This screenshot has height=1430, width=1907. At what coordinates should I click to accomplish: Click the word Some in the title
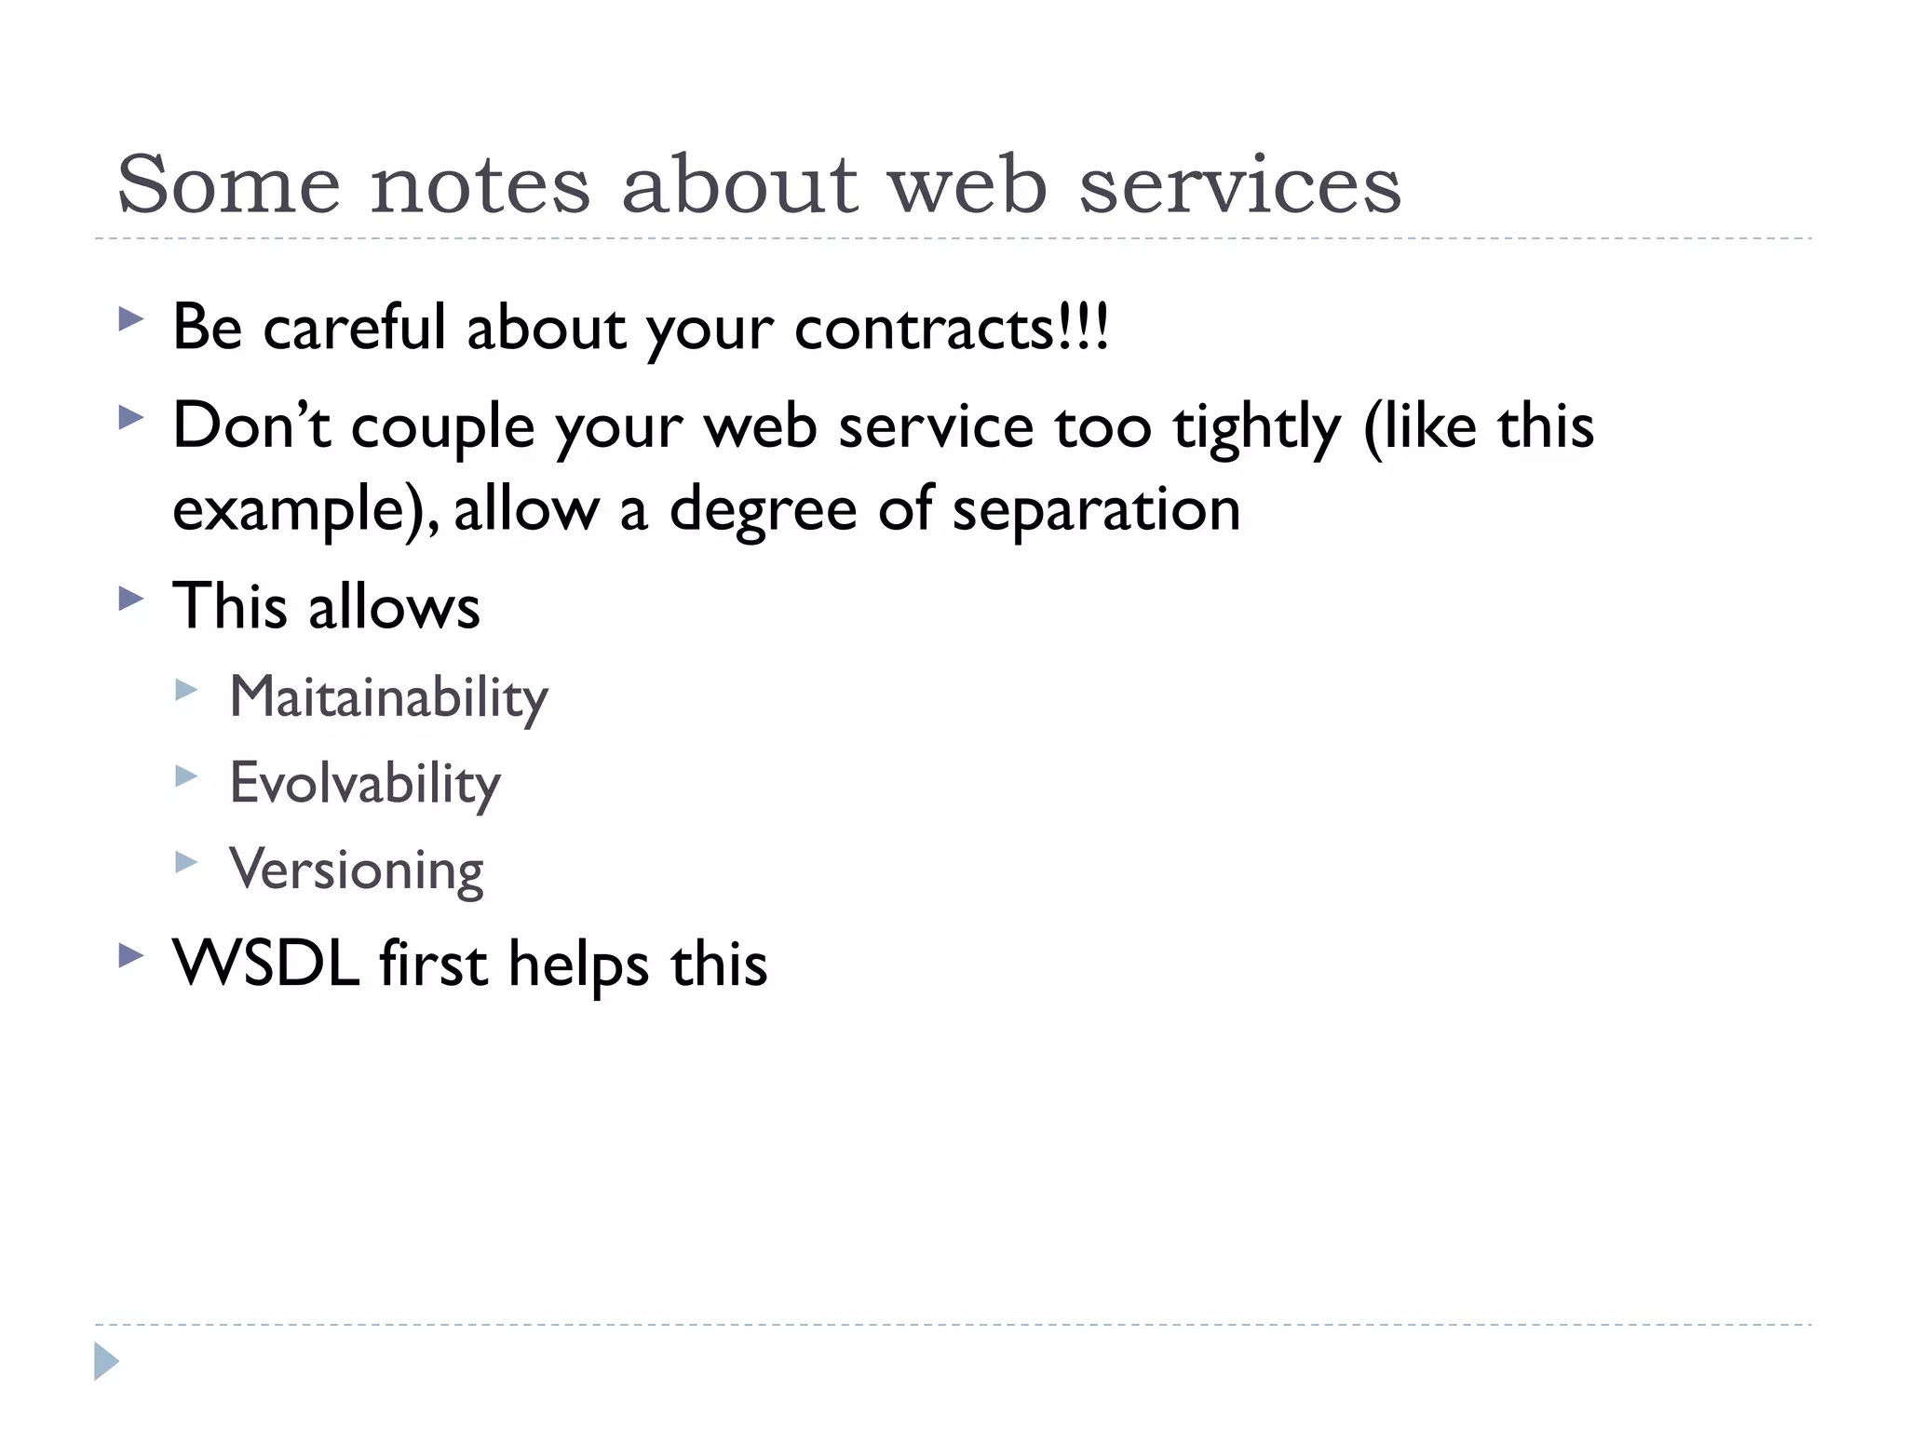pos(228,184)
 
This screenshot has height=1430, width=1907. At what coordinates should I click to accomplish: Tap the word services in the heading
pos(1239,184)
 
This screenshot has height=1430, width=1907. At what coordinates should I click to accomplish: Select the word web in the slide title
pos(968,184)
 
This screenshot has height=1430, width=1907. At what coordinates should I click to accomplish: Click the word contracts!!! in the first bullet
pos(952,328)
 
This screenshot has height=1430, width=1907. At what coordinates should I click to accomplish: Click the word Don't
pos(251,425)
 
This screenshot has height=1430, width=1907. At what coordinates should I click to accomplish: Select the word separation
pos(1096,510)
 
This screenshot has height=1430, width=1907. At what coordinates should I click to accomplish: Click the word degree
pos(763,510)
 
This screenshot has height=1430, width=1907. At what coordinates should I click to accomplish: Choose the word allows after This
pos(394,606)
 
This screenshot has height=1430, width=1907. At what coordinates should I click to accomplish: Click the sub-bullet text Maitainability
pos(388,696)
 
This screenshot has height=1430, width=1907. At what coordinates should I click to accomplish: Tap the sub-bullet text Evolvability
pos(365,783)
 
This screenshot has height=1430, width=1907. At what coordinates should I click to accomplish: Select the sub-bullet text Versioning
pos(357,870)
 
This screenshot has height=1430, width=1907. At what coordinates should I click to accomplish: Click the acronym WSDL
pos(266,963)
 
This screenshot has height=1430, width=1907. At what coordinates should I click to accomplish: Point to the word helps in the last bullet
pos(578,965)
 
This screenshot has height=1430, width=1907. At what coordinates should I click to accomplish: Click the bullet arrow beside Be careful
pos(131,321)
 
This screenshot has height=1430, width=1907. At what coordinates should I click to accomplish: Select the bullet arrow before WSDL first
pos(131,956)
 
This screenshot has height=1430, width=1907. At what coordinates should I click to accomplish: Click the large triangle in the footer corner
pos(106,1361)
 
